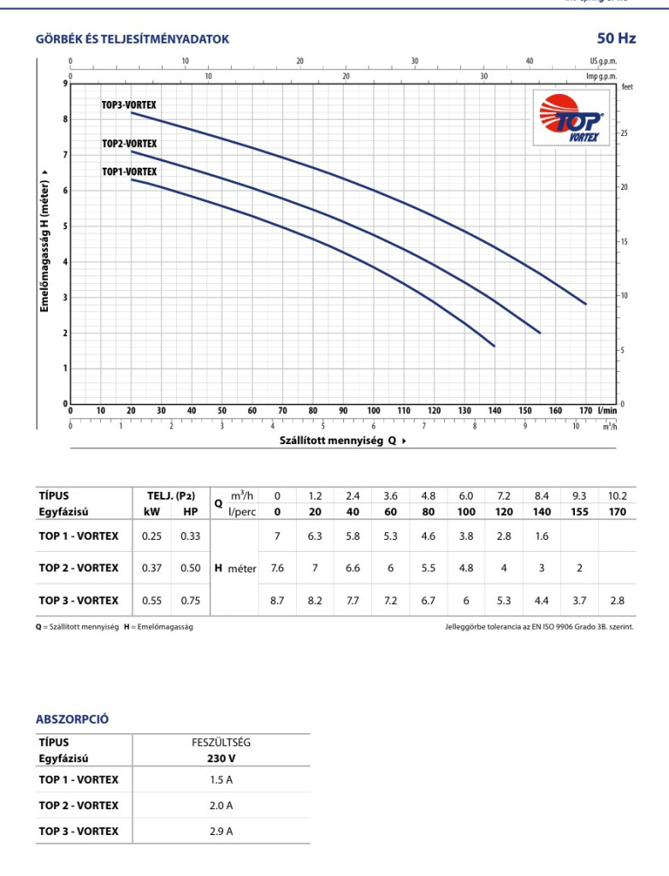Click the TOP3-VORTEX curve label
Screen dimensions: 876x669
pyautogui.click(x=129, y=105)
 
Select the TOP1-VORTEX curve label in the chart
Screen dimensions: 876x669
pyautogui.click(x=129, y=172)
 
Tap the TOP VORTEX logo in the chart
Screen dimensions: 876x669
pyautogui.click(x=572, y=119)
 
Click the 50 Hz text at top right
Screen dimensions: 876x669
pyautogui.click(x=616, y=38)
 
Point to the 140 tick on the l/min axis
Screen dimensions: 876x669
pyautogui.click(x=494, y=411)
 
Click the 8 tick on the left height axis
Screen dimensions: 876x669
pyautogui.click(x=64, y=119)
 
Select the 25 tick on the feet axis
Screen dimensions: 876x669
pyautogui.click(x=625, y=133)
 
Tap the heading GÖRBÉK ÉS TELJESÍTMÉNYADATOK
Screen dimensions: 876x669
pyautogui.click(x=132, y=39)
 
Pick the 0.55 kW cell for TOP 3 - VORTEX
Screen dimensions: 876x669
pyautogui.click(x=151, y=601)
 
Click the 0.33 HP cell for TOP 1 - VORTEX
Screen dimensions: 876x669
pyautogui.click(x=190, y=536)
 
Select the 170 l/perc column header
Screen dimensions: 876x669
pyautogui.click(x=618, y=512)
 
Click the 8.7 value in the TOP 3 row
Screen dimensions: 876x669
pyautogui.click(x=276, y=601)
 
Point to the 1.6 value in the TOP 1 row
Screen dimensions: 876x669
pyautogui.click(x=542, y=536)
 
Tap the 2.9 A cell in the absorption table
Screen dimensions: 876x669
pyautogui.click(x=221, y=831)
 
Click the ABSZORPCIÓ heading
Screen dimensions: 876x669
pyautogui.click(x=72, y=719)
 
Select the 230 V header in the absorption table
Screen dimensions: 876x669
pyautogui.click(x=221, y=758)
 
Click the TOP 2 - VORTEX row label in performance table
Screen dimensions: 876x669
pyautogui.click(x=79, y=568)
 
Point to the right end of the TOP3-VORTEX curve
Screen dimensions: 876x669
pyautogui.click(x=586, y=304)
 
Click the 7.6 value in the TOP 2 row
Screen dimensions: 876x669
pyautogui.click(x=276, y=568)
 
